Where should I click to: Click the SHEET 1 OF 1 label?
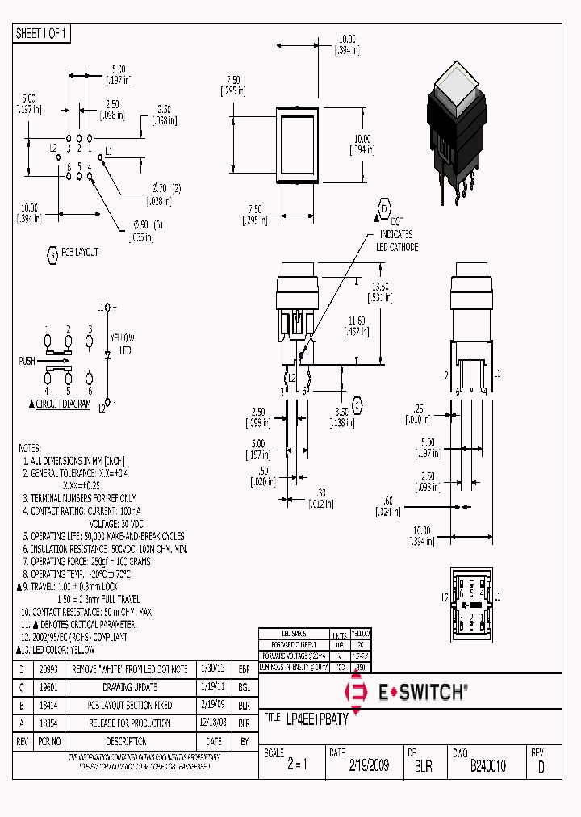pyautogui.click(x=43, y=34)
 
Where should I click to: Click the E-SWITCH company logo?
pyautogui.click(x=407, y=692)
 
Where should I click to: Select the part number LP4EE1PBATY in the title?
pyautogui.click(x=317, y=719)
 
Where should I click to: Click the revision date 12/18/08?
pyautogui.click(x=213, y=723)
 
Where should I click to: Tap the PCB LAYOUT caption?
pyautogui.click(x=79, y=253)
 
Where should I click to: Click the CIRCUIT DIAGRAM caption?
pyautogui.click(x=63, y=404)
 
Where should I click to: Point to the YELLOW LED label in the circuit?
pyautogui.click(x=122, y=343)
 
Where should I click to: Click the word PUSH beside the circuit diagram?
pyautogui.click(x=27, y=361)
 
